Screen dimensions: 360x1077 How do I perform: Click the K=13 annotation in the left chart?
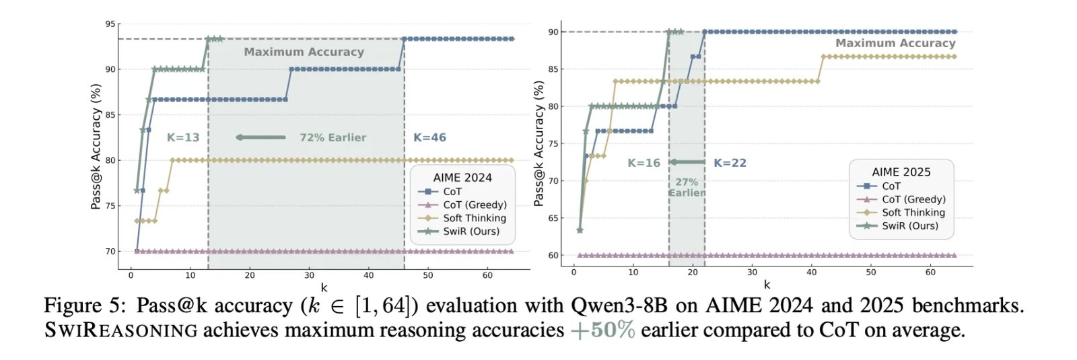pyautogui.click(x=183, y=137)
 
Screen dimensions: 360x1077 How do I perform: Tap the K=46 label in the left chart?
pyautogui.click(x=429, y=137)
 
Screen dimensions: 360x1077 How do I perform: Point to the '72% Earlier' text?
pyautogui.click(x=333, y=137)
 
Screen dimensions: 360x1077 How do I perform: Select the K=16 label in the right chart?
pyautogui.click(x=644, y=163)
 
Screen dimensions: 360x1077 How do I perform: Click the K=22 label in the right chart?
pyautogui.click(x=730, y=163)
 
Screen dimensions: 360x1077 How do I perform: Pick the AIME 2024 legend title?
pyautogui.click(x=462, y=178)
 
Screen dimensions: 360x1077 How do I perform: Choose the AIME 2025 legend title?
pyautogui.click(x=901, y=172)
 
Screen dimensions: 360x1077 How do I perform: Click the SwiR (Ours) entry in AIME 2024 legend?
pyautogui.click(x=471, y=231)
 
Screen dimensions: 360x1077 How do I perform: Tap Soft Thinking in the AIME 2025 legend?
pyautogui.click(x=913, y=213)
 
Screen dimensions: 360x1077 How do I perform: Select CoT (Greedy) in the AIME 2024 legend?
pyautogui.click(x=475, y=205)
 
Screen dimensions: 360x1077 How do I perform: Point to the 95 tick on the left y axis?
pyautogui.click(x=110, y=24)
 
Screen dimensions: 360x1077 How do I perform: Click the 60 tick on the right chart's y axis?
pyautogui.click(x=553, y=256)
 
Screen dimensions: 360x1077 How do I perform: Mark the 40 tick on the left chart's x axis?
pyautogui.click(x=368, y=275)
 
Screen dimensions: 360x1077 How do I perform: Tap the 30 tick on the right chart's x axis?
pyautogui.click(x=752, y=273)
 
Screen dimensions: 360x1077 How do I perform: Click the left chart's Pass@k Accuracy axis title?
pyautogui.click(x=96, y=146)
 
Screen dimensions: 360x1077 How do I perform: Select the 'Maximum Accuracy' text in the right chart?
pyautogui.click(x=895, y=43)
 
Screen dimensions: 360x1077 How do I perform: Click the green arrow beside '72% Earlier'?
pyautogui.click(x=260, y=137)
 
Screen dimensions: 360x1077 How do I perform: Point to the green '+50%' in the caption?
pyautogui.click(x=602, y=330)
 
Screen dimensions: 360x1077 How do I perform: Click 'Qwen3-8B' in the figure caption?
pyautogui.click(x=619, y=305)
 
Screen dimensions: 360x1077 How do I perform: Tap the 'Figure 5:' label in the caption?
pyautogui.click(x=85, y=305)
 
